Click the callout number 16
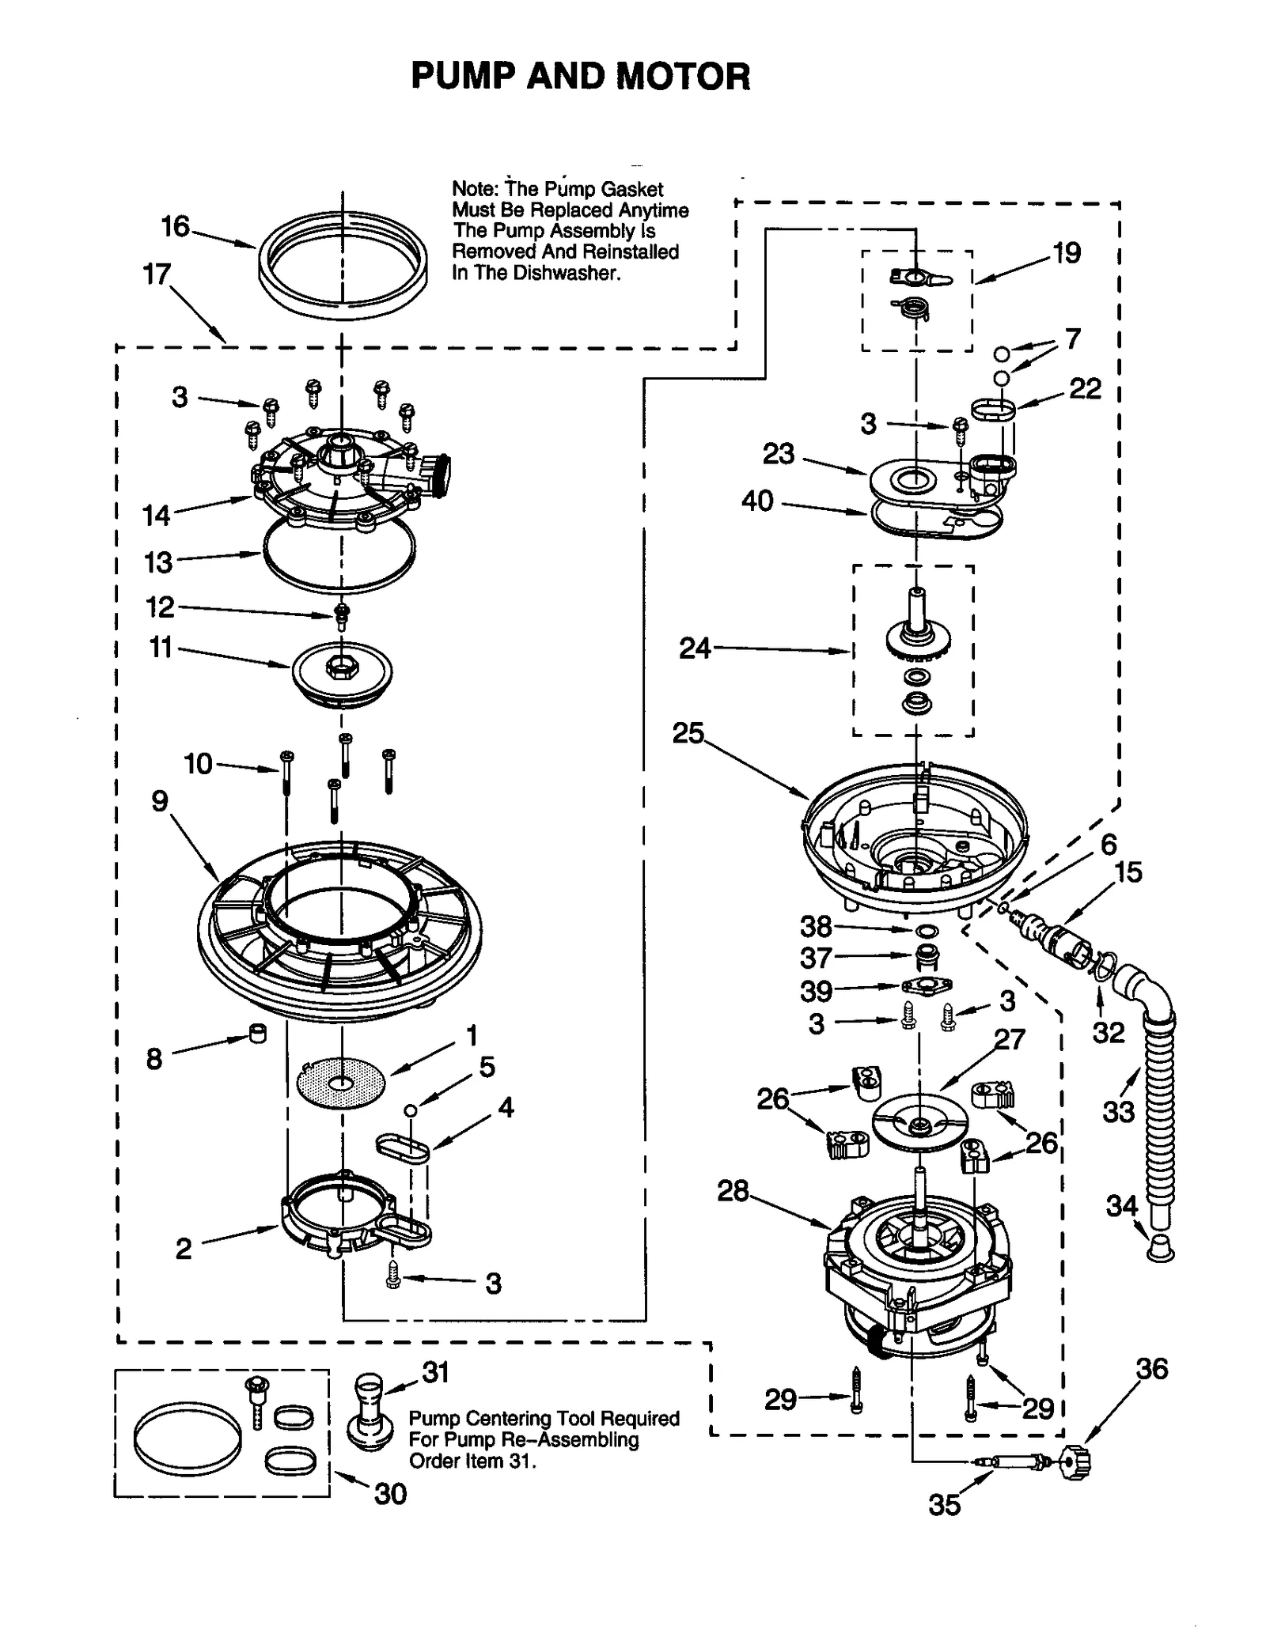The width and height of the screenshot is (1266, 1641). pos(176,227)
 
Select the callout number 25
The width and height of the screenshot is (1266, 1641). pos(688,733)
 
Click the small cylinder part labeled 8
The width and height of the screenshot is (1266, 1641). pos(258,1034)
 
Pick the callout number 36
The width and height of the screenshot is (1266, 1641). pos(1151,1368)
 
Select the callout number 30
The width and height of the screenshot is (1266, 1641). pos(390,1493)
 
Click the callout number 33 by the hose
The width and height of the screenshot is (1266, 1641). pos(1118,1111)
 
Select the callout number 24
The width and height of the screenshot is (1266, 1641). pos(695,648)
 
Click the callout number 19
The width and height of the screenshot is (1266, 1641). pos(1066,253)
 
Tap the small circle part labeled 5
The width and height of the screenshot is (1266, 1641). pos(410,1110)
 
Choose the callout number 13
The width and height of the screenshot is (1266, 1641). pos(158,562)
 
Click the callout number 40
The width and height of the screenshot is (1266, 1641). pos(757,501)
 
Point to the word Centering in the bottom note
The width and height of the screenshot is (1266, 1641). pos(506,1419)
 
